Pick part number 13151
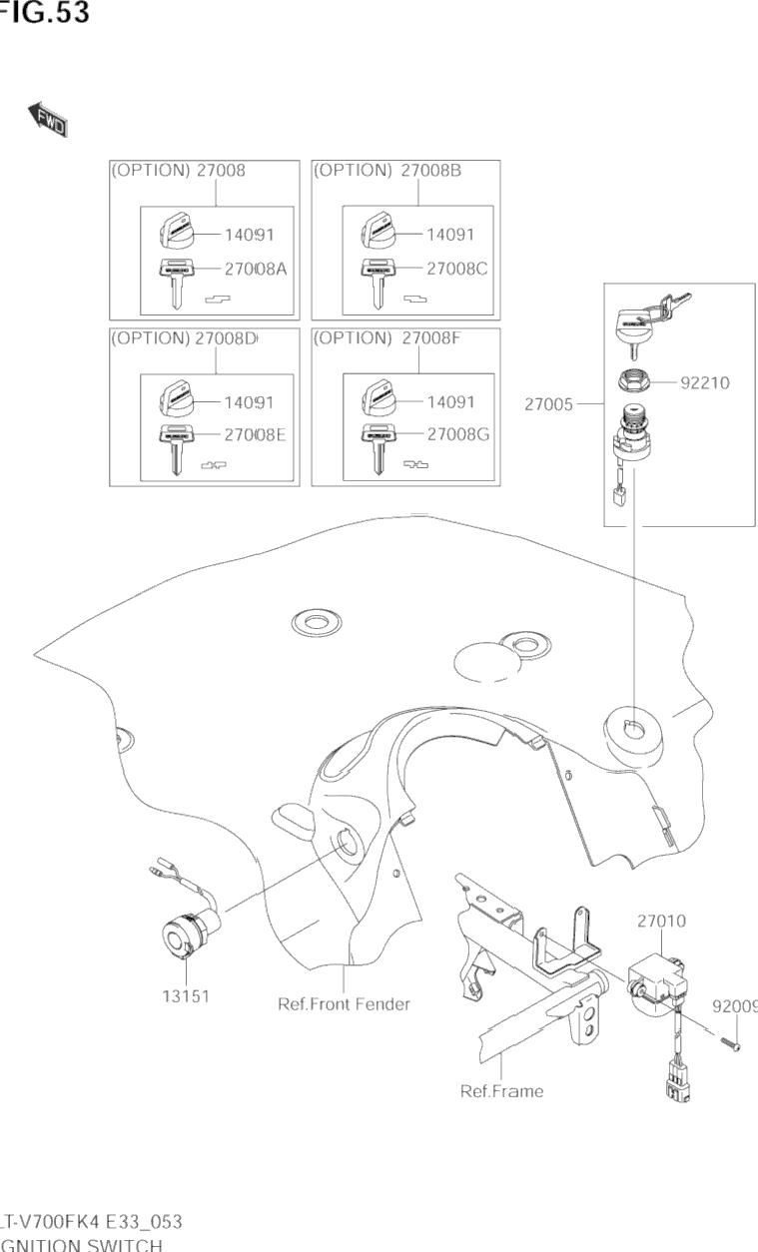pos(186,995)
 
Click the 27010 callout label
pos(661,922)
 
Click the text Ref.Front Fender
pos(344,1003)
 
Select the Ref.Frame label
pos(501,1090)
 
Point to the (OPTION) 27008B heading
pos(387,170)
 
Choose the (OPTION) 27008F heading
pos(387,337)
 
